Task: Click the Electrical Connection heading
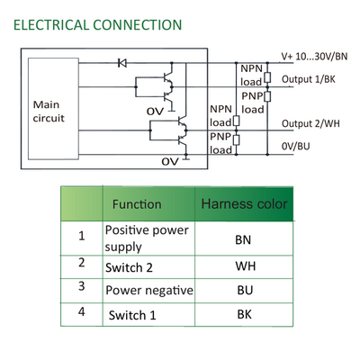pos(98,25)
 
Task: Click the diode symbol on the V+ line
pos(122,63)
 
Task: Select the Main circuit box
pos(53,109)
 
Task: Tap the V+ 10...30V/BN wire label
pos(314,57)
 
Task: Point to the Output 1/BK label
pos(309,79)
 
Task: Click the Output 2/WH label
pos(310,123)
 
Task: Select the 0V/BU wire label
pos(296,146)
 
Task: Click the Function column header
pos(137,204)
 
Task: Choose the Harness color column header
pos(244,203)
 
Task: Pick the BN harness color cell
pos(243,239)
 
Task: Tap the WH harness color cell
pos(246,266)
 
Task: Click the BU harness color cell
pos(245,290)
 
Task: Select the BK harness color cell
pos(245,314)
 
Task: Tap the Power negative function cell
pos(149,291)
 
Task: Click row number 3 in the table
pos(82,286)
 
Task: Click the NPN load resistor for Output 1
pos(268,77)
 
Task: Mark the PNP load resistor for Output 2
pos(237,140)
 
